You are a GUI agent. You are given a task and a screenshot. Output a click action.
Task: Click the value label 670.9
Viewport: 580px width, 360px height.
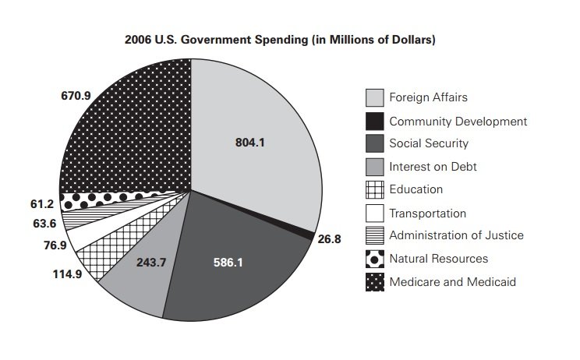76,96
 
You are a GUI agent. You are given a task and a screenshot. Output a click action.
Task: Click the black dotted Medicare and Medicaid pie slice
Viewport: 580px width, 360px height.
133,132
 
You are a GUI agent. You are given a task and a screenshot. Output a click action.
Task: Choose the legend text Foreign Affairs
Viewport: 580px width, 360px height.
428,98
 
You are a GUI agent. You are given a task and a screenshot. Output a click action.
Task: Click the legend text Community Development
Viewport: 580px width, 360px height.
458,121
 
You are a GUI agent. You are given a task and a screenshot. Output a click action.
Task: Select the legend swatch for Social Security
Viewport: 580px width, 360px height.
374,144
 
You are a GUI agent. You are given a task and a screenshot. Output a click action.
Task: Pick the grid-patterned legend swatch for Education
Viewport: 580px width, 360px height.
374,189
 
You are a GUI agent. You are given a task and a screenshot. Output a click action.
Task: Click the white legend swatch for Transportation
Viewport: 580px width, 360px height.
374,213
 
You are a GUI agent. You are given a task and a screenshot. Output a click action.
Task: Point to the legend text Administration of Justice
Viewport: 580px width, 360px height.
456,235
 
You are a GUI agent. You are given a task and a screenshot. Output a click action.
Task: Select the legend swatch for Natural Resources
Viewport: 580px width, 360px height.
374,259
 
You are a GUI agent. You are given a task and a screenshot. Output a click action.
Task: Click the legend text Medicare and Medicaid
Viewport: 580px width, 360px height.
452,281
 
